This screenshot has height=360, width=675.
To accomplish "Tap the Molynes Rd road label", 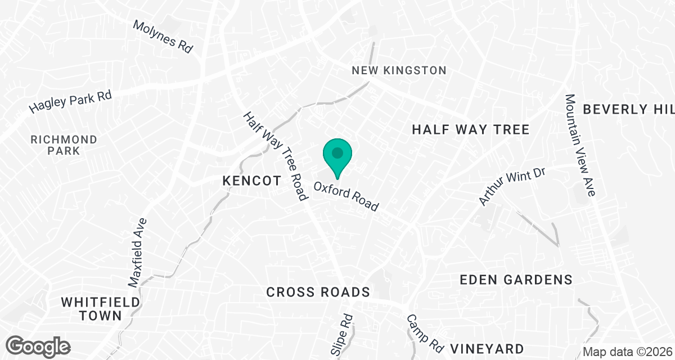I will (163, 37).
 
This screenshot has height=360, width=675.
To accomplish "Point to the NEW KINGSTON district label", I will (399, 70).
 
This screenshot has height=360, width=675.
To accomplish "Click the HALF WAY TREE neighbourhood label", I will (470, 130).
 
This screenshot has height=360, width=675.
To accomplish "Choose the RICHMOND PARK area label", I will (64, 145).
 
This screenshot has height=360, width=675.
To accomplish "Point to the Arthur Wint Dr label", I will (512, 186).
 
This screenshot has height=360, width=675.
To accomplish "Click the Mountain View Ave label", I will (580, 145).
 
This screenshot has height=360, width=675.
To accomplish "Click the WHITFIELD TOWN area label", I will (101, 309).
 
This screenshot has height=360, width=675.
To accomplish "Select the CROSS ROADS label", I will (318, 292).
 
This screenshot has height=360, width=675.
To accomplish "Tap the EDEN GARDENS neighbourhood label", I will (516, 280).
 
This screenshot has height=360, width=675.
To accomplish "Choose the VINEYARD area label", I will (488, 348).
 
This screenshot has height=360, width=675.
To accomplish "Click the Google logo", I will (38, 345).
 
